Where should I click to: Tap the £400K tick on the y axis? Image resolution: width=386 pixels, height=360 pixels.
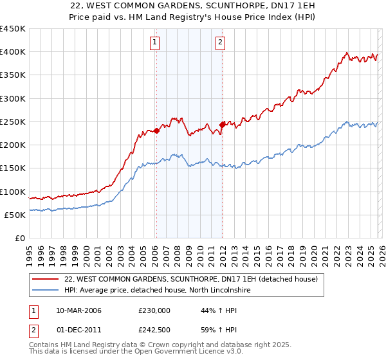(x=13, y=52)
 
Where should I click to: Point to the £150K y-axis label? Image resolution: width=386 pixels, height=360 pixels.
(x=13, y=168)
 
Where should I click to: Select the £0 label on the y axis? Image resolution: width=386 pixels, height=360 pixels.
(x=19, y=239)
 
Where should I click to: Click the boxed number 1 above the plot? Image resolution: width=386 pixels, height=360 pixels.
(x=156, y=43)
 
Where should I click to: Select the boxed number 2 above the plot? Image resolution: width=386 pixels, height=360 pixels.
(x=221, y=43)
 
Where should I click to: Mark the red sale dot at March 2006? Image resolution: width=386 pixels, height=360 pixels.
(x=156, y=130)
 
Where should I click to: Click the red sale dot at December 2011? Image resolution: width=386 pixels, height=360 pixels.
(x=222, y=125)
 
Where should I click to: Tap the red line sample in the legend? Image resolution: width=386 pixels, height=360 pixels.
(x=46, y=280)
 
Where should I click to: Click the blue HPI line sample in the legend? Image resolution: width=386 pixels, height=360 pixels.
(x=46, y=291)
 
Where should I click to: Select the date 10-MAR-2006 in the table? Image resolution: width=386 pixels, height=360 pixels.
(x=78, y=310)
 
